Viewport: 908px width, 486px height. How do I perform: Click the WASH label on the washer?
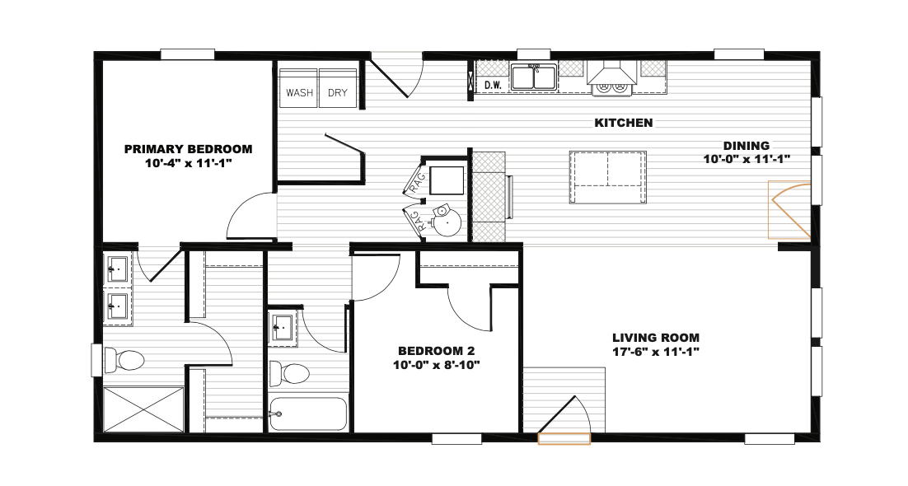point(299,93)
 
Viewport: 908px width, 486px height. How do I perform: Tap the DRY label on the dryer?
point(338,93)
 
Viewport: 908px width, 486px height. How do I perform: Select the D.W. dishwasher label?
point(493,85)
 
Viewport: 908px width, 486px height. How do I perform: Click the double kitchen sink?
point(533,77)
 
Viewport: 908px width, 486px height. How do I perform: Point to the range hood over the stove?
point(613,73)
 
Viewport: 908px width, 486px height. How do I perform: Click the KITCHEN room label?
point(624,123)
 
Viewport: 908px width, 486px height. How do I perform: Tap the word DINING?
point(747,146)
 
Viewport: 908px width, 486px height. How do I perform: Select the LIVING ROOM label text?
point(656,338)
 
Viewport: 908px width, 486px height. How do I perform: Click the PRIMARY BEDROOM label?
point(188,149)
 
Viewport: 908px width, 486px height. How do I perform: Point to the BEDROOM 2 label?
point(436,351)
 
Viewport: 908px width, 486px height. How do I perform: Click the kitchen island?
point(607,176)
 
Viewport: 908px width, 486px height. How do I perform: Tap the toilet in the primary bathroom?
point(124,360)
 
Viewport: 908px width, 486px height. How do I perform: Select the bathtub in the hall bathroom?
point(308,414)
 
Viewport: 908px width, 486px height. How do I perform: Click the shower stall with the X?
point(143,409)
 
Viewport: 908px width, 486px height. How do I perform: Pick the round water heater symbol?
point(447,222)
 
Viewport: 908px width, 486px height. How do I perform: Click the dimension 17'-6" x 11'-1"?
point(656,352)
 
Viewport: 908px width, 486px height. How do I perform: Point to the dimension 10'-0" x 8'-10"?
point(436,366)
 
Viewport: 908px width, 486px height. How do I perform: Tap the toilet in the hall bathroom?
point(289,374)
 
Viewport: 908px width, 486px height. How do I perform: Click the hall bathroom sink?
point(283,329)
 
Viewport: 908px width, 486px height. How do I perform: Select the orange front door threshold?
point(564,439)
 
